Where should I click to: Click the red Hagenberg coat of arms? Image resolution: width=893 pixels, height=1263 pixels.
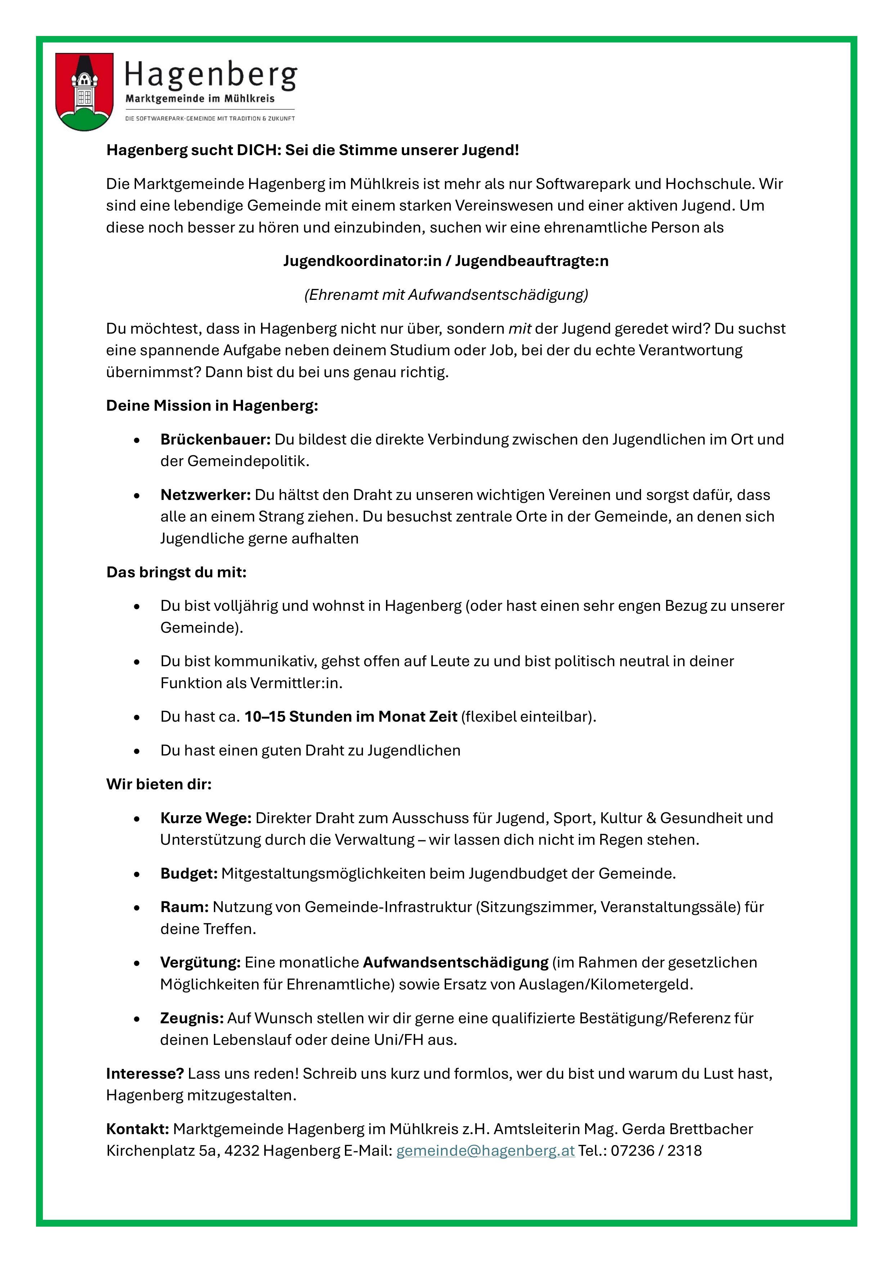[x=85, y=91]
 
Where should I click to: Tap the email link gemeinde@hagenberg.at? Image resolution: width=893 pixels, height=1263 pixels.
[x=485, y=1150]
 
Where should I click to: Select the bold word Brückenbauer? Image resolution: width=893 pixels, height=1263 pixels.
[x=215, y=439]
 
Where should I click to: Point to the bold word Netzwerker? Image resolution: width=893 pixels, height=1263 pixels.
[x=205, y=495]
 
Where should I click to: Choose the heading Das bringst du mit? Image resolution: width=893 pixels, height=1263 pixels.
[x=176, y=573]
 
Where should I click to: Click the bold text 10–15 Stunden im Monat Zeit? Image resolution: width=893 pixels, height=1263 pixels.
[x=351, y=717]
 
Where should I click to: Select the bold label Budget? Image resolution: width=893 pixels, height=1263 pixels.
[x=189, y=874]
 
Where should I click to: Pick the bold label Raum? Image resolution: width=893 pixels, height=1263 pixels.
[x=184, y=907]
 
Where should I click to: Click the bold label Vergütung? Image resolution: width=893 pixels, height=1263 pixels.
[x=200, y=963]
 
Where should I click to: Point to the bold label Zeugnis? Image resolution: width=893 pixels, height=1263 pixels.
[x=192, y=1018]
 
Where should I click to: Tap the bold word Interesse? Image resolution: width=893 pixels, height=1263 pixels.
[x=145, y=1074]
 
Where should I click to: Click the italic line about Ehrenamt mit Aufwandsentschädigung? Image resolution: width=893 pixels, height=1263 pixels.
[x=446, y=295]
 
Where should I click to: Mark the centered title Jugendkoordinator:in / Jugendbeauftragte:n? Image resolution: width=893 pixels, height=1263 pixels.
[x=446, y=261]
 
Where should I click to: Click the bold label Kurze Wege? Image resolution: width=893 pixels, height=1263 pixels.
[x=206, y=818]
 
